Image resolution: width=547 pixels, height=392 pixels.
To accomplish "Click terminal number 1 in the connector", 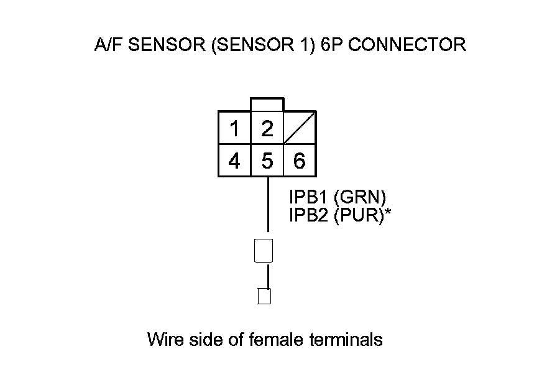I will [234, 129].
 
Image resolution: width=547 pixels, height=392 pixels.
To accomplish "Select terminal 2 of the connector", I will [267, 129].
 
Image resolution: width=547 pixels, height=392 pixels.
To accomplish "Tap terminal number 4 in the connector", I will [234, 161].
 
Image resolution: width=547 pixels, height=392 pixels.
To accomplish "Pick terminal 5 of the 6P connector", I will [267, 161].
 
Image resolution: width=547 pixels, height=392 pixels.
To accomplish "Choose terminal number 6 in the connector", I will [300, 161].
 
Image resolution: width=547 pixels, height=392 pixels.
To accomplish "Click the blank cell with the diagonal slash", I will [300, 129].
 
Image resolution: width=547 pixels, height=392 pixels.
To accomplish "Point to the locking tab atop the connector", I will [267, 105].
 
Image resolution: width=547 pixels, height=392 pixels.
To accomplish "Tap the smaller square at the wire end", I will [264, 296].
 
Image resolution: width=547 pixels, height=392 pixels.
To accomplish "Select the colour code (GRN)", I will [360, 197].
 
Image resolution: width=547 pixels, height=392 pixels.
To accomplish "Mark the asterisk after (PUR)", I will [388, 213].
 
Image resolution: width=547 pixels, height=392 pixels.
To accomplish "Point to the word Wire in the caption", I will [163, 340].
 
